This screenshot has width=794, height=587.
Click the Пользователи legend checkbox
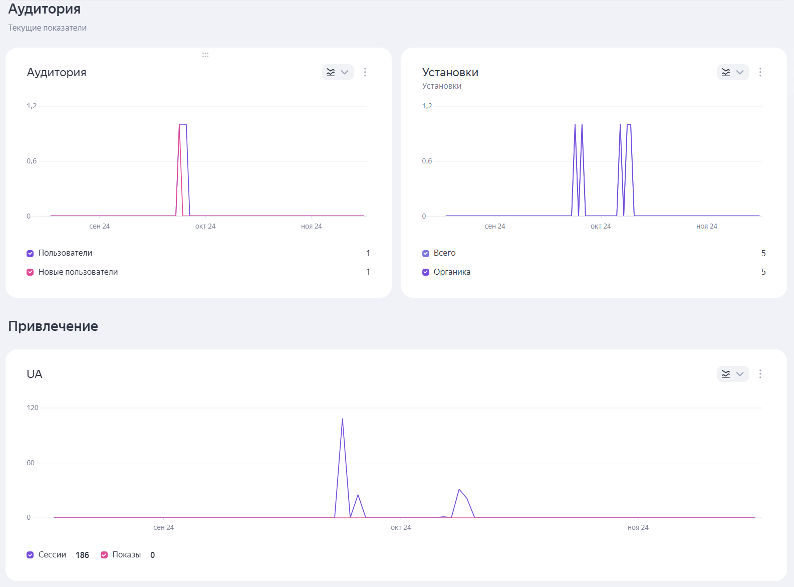(30, 253)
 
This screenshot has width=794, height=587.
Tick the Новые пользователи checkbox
(30, 272)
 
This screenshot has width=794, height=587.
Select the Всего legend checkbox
(426, 253)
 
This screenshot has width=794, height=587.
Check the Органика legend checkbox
(426, 272)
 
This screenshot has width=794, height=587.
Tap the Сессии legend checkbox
(30, 555)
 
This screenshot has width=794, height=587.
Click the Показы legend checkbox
(104, 555)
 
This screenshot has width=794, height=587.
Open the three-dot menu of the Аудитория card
(365, 72)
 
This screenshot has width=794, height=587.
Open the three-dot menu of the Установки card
(760, 72)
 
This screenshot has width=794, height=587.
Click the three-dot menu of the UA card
(760, 374)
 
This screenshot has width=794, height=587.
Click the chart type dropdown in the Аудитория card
(338, 72)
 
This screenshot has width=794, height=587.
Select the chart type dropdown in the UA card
(733, 374)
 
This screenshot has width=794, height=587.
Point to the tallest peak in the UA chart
(342, 419)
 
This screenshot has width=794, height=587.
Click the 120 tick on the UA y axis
(33, 408)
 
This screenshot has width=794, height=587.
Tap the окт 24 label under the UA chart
(401, 527)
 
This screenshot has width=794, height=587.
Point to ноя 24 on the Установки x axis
(707, 226)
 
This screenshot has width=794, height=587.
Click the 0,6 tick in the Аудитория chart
(32, 161)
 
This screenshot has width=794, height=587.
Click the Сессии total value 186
(82, 555)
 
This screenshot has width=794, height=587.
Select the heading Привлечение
(53, 326)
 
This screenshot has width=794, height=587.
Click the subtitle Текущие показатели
(48, 28)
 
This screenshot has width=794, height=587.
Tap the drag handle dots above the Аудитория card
(205, 55)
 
